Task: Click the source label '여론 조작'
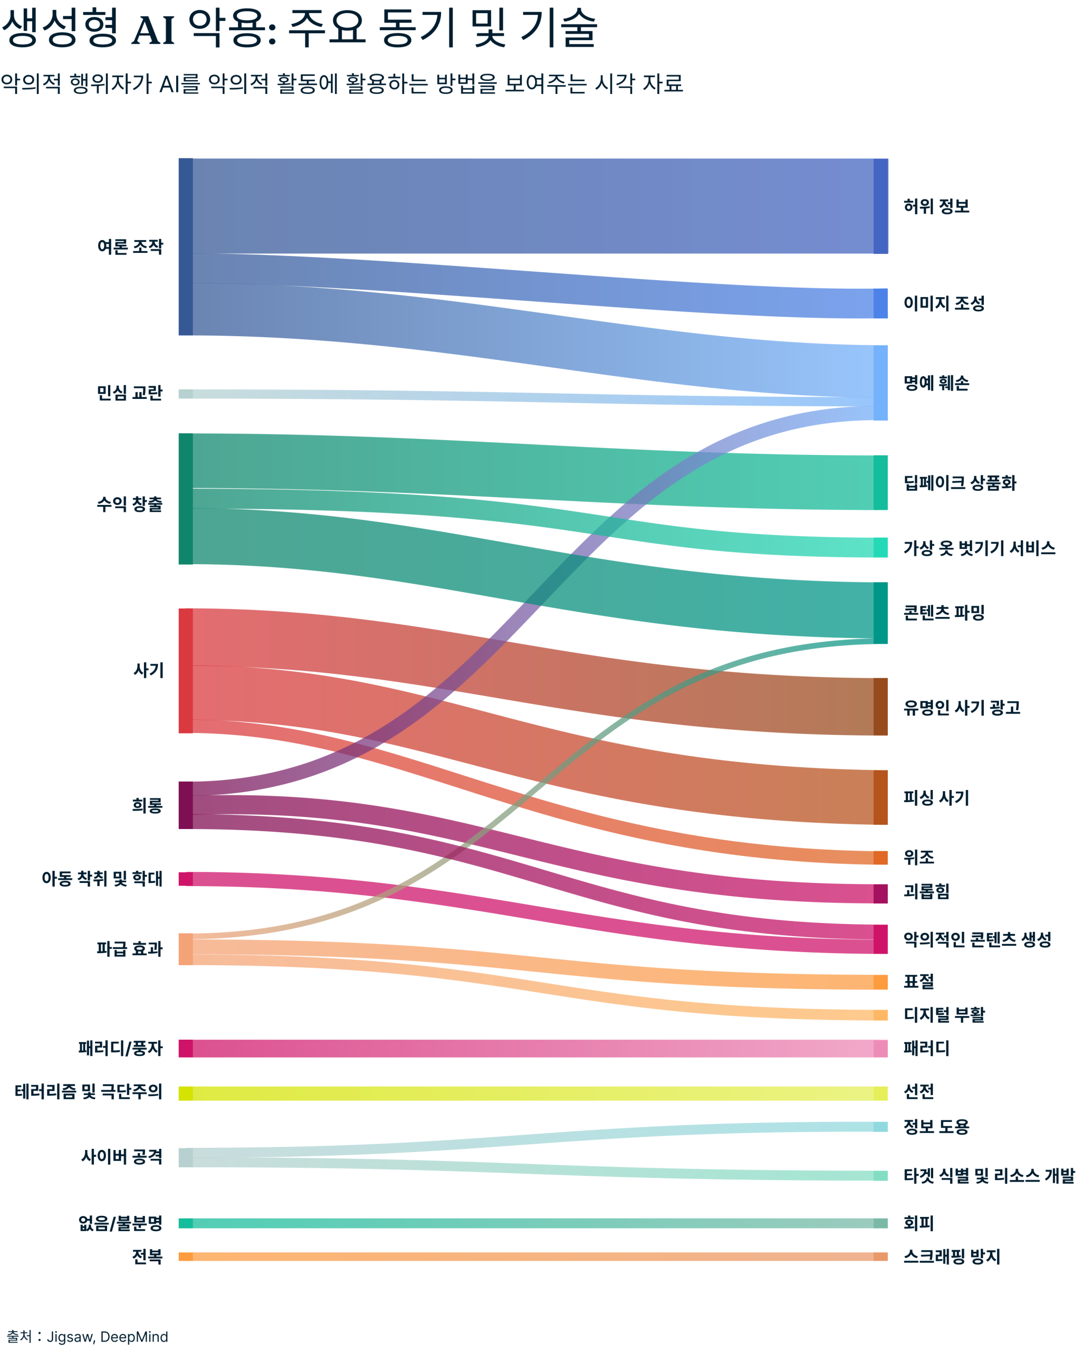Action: coord(130,246)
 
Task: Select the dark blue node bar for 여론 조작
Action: coord(186,246)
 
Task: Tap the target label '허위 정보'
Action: coord(936,206)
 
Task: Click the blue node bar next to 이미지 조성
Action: coord(880,303)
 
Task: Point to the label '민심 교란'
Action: coord(130,393)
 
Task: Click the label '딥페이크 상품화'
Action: coord(959,483)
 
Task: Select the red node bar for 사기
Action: coord(186,670)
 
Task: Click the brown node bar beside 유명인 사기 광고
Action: coord(880,707)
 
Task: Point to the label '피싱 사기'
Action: coord(936,798)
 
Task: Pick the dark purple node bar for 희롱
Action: coord(186,805)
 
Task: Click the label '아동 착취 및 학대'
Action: coord(102,879)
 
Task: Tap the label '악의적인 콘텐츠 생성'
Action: coord(977,939)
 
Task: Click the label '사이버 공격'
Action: coord(122,1157)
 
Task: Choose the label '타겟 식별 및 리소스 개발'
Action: coord(989,1175)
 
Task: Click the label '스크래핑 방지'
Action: coord(951,1257)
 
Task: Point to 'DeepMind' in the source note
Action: coord(134,1337)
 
